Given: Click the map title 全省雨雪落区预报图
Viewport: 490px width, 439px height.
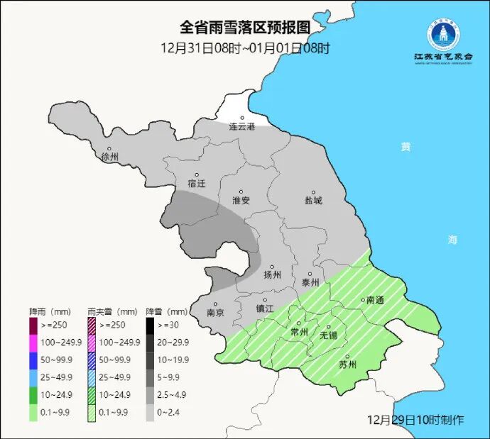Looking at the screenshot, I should (x=245, y=28).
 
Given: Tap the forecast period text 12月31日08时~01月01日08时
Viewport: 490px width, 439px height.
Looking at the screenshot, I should (x=245, y=48).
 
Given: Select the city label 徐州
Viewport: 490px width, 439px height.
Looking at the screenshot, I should (x=110, y=156).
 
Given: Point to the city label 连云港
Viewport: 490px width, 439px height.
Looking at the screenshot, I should (x=241, y=127).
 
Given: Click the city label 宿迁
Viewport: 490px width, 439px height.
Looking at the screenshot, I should (x=197, y=183).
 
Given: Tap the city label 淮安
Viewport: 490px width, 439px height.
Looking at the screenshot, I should (x=241, y=200).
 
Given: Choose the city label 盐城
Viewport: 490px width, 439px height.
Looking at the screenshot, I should (x=313, y=200).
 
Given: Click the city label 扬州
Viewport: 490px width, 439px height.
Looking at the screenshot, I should (x=273, y=274).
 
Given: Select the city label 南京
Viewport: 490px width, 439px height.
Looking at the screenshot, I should (x=215, y=312).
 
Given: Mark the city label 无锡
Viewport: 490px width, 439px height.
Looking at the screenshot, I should (x=329, y=334).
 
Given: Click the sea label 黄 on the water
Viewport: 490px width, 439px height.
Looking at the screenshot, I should (x=405, y=147).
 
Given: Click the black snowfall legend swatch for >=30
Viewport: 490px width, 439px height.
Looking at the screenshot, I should (x=151, y=326).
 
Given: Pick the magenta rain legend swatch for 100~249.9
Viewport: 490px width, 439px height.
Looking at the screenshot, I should (x=33, y=342).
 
